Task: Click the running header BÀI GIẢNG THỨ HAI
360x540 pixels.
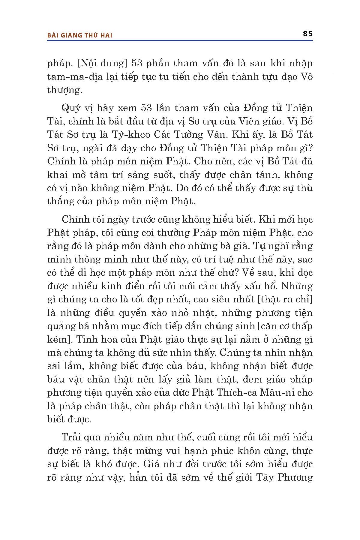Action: click(x=80, y=35)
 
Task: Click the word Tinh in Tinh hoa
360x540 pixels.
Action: click(x=86, y=339)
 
